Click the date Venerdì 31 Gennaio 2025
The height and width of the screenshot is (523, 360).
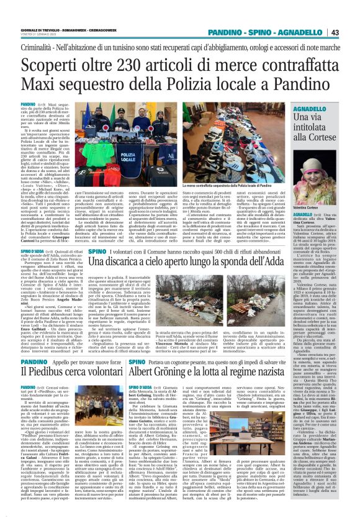click(37, 35)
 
